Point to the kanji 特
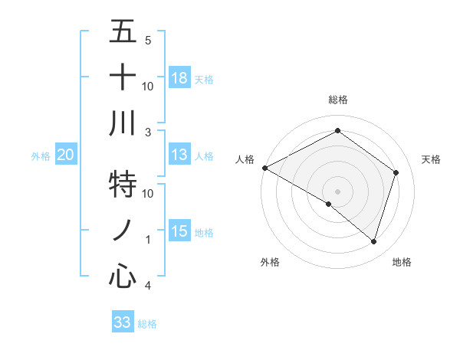click(123, 185)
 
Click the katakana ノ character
click(123, 231)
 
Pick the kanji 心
click(123, 277)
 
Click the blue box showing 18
click(179, 78)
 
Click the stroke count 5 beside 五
click(148, 40)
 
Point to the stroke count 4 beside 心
click(148, 286)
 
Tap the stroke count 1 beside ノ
click(148, 240)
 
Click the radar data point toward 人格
click(264, 168)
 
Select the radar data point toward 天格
click(396, 172)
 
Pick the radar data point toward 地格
click(374, 242)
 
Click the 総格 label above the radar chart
click(338, 100)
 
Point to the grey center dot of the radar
click(337, 191)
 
